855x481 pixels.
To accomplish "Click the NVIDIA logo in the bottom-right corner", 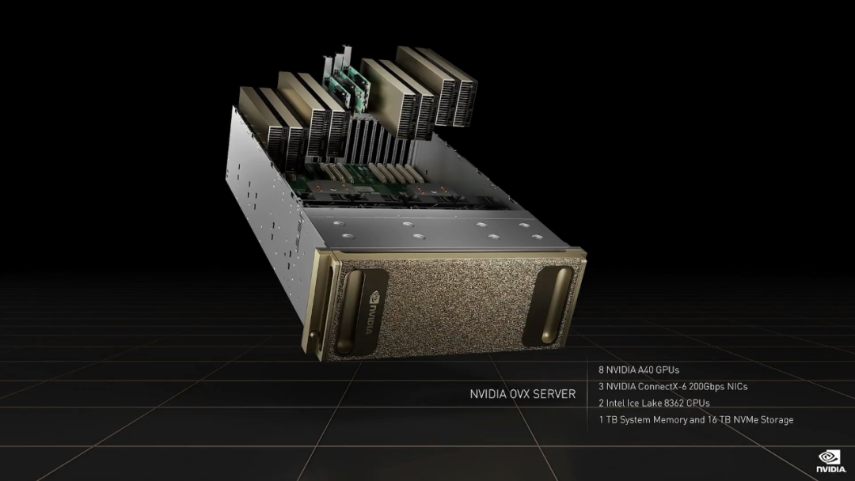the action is coord(831,461).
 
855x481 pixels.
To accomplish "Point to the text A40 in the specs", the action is coord(646,370).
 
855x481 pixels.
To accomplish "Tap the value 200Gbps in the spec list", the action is coord(708,386).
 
